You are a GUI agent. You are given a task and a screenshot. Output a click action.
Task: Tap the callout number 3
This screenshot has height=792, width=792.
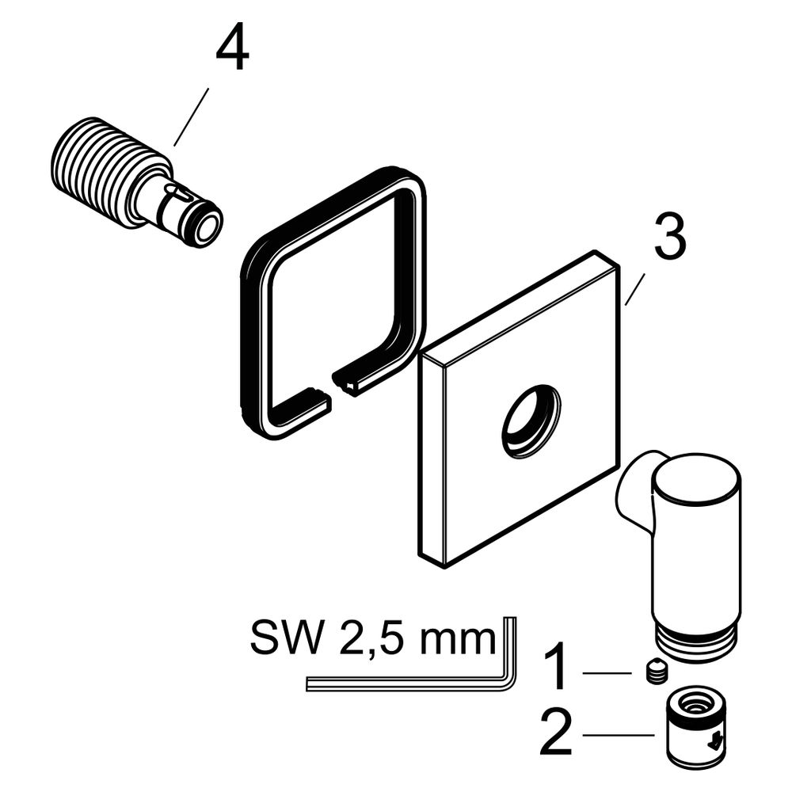tap(670, 236)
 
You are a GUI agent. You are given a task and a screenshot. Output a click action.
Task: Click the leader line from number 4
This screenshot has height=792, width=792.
tap(191, 116)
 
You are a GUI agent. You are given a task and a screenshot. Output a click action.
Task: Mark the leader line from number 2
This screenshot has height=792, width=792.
tap(619, 734)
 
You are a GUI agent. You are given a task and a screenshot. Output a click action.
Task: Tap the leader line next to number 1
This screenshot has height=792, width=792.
tap(607, 672)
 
